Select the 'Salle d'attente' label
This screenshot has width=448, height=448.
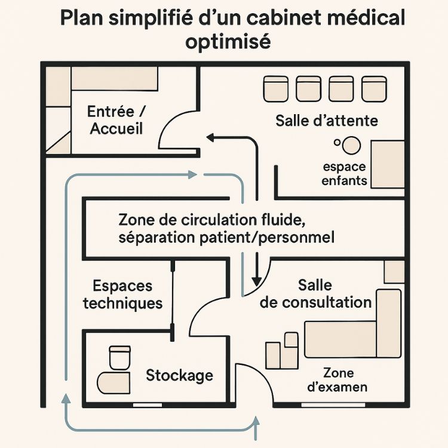click(327, 121)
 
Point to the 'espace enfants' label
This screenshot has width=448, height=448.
click(344, 173)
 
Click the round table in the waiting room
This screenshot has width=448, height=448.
click(352, 145)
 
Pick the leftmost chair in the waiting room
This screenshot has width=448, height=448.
click(276, 88)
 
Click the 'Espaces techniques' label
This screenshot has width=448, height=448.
click(122, 294)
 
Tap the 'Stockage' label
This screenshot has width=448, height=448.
click(179, 375)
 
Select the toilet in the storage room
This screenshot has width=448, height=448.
click(119, 357)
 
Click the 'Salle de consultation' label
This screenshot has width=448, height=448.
click(317, 293)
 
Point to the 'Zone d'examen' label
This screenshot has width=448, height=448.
click(337, 380)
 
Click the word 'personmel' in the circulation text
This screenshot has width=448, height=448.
click(303, 237)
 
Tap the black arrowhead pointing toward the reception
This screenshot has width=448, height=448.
click(210, 137)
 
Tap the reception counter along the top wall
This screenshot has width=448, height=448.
click(115, 78)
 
